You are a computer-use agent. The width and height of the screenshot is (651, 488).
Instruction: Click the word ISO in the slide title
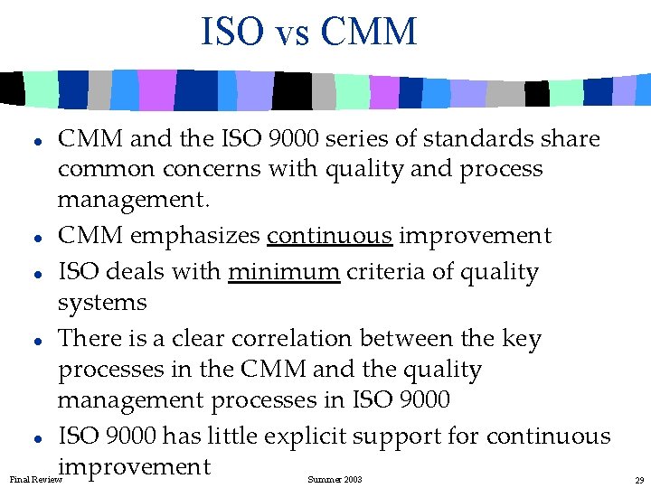[233, 32]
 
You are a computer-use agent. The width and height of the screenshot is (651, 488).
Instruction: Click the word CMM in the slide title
[369, 32]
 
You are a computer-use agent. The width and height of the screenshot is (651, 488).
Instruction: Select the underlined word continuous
[329, 236]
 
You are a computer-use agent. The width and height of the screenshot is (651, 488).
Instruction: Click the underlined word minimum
[284, 272]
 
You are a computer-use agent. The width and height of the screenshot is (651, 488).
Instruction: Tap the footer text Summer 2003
[335, 479]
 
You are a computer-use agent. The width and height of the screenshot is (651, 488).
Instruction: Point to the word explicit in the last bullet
[310, 436]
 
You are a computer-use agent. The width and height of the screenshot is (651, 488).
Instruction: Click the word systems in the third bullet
[101, 304]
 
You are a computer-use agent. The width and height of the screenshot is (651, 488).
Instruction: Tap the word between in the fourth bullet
[411, 339]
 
